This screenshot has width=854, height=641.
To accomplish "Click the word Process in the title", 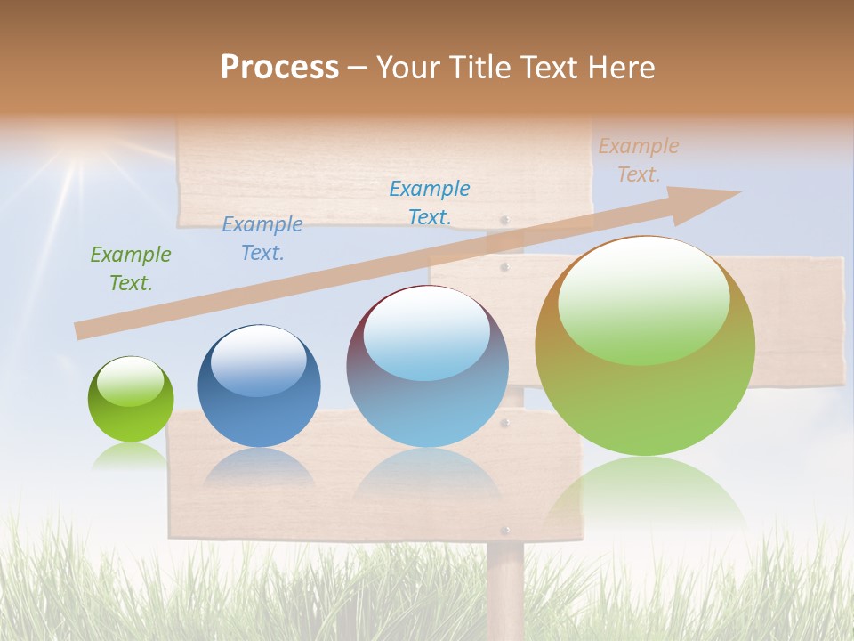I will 279,68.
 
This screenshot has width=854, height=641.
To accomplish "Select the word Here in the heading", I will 619,68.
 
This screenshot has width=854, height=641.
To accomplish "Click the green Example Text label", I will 130,269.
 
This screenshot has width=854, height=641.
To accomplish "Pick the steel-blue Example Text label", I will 262,239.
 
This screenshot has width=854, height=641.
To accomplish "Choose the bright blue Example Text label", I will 429,202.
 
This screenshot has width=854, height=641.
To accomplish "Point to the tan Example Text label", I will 638,160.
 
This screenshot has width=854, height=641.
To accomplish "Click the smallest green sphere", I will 131,400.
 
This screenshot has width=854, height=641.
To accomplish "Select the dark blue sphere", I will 259,386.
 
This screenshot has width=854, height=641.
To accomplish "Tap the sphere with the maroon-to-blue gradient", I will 427,366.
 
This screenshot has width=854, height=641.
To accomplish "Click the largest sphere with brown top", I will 645,346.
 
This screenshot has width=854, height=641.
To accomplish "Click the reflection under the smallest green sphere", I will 130,457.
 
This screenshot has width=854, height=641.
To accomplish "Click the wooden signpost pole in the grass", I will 505,588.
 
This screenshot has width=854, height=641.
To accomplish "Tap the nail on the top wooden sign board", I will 505,219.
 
